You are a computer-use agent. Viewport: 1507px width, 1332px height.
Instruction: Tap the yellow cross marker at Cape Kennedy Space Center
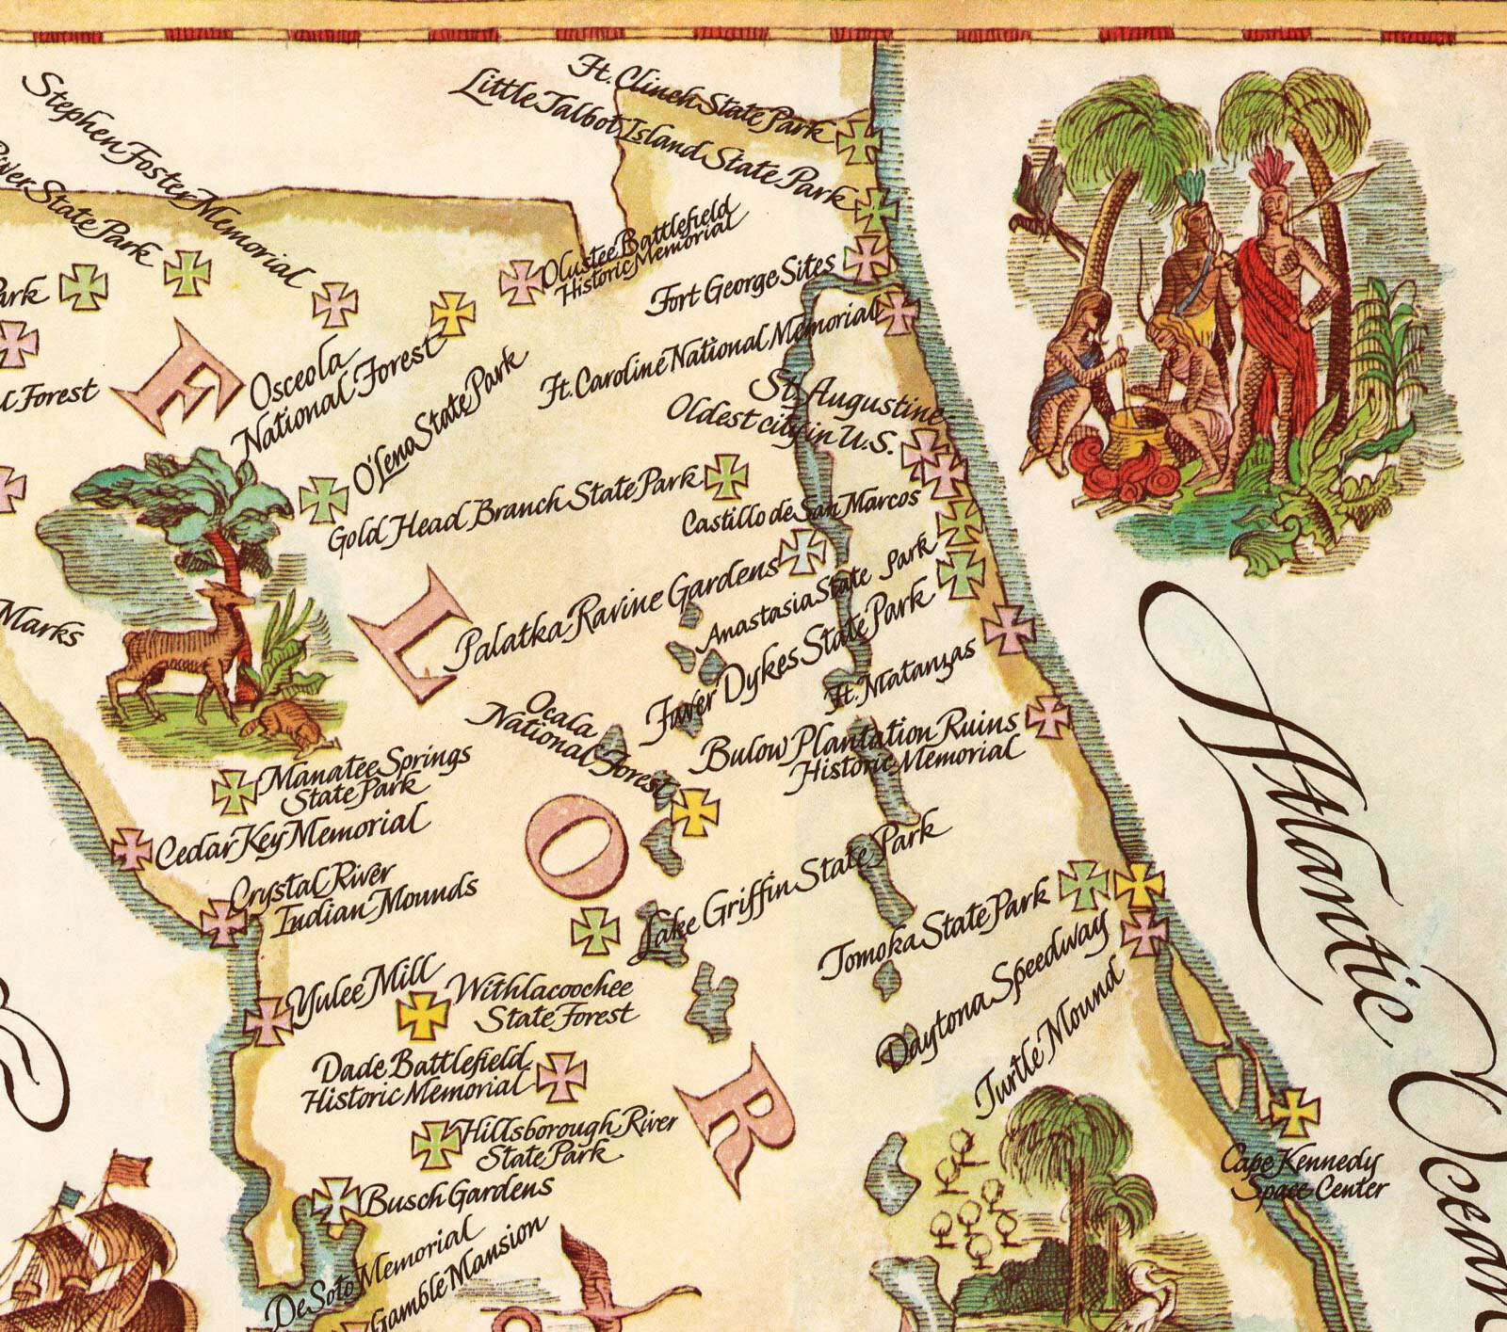pos(1294,1114)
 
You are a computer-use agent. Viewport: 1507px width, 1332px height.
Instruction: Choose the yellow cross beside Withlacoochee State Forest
pos(424,1015)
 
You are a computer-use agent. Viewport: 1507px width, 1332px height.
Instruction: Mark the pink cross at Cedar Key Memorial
pos(132,849)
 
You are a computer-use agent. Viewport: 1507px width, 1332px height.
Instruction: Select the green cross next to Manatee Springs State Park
pos(233,792)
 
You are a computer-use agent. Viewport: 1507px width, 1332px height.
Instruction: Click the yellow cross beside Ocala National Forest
pos(695,810)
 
